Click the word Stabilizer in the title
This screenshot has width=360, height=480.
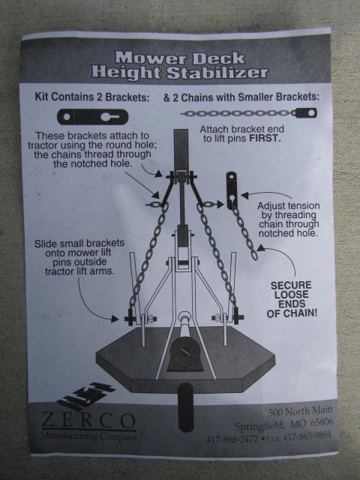(x=217, y=73)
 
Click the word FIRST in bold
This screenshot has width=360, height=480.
(x=264, y=138)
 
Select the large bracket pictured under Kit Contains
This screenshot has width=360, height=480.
(x=92, y=117)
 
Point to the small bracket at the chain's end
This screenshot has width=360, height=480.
(x=306, y=113)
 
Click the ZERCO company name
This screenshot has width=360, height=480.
(x=89, y=421)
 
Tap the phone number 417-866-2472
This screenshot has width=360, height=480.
(x=232, y=439)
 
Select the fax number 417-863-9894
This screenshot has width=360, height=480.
(x=307, y=436)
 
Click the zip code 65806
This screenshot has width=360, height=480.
(x=322, y=423)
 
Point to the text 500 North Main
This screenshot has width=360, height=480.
(x=300, y=412)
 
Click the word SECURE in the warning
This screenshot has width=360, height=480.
(x=291, y=285)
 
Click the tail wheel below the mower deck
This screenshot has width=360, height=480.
(x=185, y=407)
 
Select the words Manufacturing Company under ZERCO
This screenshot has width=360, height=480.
(x=89, y=436)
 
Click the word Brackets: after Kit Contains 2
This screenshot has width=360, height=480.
(x=127, y=97)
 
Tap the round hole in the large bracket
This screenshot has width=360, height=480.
(x=67, y=117)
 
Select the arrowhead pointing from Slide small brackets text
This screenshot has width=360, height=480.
(x=115, y=319)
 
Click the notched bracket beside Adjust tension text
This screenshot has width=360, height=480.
(x=232, y=190)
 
